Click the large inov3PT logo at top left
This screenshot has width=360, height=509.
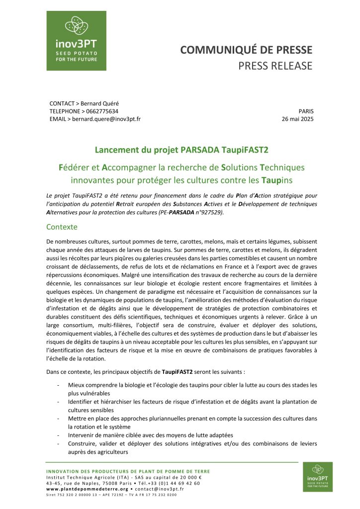click(76, 40)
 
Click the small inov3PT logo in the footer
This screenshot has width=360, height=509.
click(317, 477)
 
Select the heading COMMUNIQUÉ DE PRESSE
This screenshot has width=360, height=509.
click(246, 50)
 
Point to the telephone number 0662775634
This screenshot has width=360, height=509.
click(101, 111)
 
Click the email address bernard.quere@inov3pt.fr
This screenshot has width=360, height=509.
click(106, 119)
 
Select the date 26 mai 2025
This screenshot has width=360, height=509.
click(297, 119)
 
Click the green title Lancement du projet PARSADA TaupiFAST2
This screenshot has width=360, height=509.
click(180, 149)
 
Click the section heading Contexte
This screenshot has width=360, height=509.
click(62, 227)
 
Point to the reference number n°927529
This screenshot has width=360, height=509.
click(211, 212)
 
